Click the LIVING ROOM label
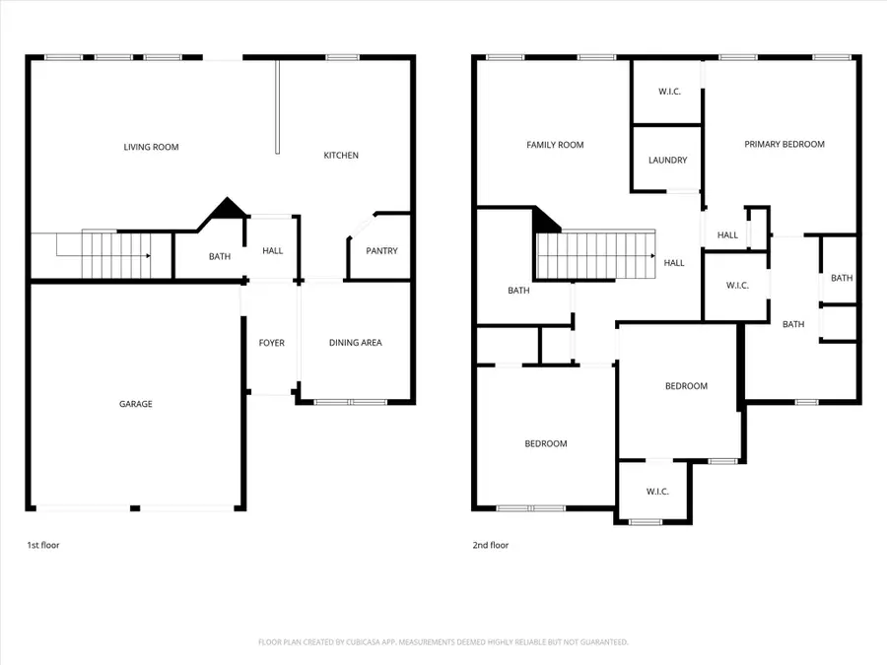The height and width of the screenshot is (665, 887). (x=151, y=148)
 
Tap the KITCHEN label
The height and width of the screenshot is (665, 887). (x=342, y=156)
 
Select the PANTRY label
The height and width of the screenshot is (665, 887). (x=381, y=251)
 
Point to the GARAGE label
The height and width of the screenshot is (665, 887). (x=136, y=404)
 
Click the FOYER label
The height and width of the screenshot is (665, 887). (x=272, y=343)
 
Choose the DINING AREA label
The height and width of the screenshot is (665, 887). (x=355, y=343)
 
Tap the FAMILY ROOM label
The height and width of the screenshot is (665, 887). (x=555, y=145)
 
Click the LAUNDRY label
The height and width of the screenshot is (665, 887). (x=667, y=161)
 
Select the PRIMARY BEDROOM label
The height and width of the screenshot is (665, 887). (x=784, y=145)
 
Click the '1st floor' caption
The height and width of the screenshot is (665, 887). (x=43, y=545)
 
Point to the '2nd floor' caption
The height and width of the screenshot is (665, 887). (x=490, y=545)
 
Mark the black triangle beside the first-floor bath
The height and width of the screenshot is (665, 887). (x=228, y=209)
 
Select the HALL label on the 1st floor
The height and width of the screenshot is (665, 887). (x=273, y=251)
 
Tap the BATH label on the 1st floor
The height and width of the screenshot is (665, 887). (x=220, y=257)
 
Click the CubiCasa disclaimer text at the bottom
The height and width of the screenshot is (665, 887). (x=443, y=642)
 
